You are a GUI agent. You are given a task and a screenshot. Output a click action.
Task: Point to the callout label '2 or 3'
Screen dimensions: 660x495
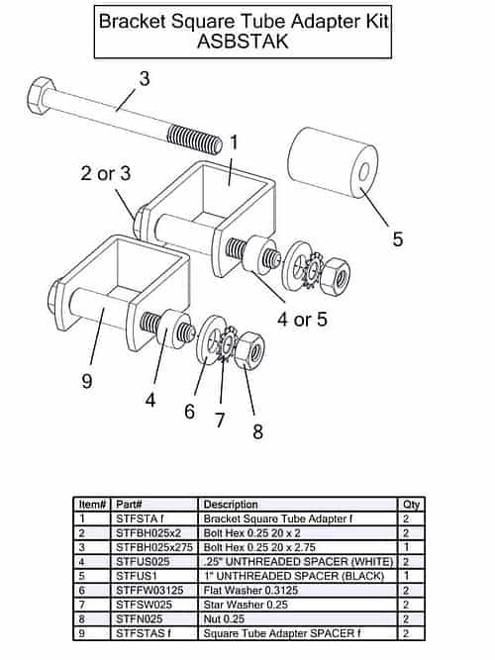click(106, 174)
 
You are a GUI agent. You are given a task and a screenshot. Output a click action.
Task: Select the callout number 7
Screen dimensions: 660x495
click(221, 419)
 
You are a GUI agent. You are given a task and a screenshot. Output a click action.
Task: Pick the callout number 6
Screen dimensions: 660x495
click(189, 411)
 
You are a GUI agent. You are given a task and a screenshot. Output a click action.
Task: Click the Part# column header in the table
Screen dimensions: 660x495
click(130, 505)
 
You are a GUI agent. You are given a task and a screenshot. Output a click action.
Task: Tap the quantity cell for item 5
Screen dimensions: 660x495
click(407, 576)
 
